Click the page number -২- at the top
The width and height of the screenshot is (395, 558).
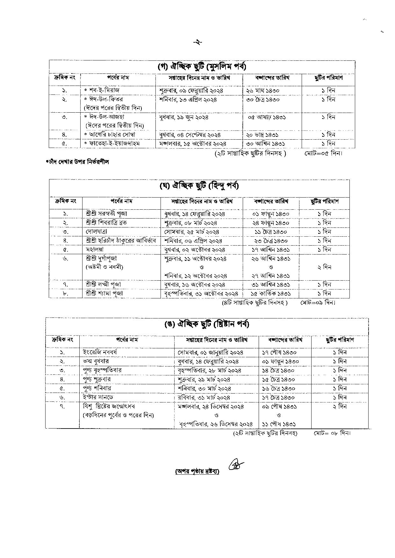pyautogui.click(x=197, y=42)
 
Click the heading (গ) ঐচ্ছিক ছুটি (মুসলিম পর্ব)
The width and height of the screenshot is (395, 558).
pyautogui.click(x=202, y=67)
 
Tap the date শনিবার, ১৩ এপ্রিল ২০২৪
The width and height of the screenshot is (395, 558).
pyautogui.click(x=188, y=99)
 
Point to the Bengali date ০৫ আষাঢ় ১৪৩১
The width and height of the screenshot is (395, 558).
pyautogui.click(x=267, y=117)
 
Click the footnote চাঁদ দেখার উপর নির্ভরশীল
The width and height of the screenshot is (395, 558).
pyautogui.click(x=78, y=162)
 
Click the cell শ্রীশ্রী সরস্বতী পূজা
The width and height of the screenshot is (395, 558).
pyautogui.click(x=106, y=213)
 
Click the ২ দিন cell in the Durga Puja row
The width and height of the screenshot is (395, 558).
pyautogui.click(x=324, y=267)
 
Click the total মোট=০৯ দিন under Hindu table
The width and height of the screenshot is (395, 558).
pyautogui.click(x=318, y=303)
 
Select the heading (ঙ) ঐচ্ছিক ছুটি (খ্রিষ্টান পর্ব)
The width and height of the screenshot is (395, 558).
pyautogui.click(x=206, y=324)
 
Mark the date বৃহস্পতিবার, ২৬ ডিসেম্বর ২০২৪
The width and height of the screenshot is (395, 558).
pyautogui.click(x=216, y=424)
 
